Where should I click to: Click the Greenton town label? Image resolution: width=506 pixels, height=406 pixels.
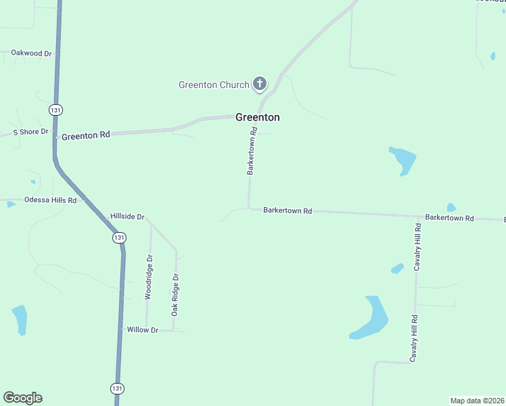[x=257, y=117]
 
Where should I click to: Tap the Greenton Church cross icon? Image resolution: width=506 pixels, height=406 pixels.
[x=259, y=84]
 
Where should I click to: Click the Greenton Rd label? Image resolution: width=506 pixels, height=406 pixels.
[x=85, y=135]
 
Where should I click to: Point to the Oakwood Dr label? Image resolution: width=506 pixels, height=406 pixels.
[x=31, y=53]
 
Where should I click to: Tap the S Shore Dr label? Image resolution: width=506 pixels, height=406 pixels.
[x=31, y=132]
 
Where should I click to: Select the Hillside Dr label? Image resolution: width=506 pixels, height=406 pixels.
[x=127, y=217]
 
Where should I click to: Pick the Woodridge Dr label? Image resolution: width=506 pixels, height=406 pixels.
[x=149, y=277]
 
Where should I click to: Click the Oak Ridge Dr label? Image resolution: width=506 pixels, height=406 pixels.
[x=175, y=295]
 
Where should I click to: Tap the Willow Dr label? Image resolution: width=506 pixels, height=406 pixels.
[x=142, y=330]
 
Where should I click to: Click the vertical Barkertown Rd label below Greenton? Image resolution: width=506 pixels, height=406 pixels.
[x=252, y=154]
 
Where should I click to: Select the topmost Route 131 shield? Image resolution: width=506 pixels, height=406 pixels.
[x=55, y=109]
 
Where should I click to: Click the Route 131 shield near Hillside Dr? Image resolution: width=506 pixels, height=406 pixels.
[x=119, y=238]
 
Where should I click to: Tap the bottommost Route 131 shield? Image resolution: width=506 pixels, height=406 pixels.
[x=118, y=388]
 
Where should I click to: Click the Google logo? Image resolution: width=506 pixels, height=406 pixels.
[x=22, y=398]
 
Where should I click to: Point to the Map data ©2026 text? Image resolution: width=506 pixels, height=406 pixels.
[x=477, y=400]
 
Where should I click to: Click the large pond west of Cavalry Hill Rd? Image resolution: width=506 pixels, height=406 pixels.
[x=371, y=317]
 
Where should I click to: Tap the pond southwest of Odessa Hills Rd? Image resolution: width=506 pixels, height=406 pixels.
[x=20, y=319]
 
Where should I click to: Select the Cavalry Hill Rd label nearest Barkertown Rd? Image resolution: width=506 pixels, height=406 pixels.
[x=418, y=246]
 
